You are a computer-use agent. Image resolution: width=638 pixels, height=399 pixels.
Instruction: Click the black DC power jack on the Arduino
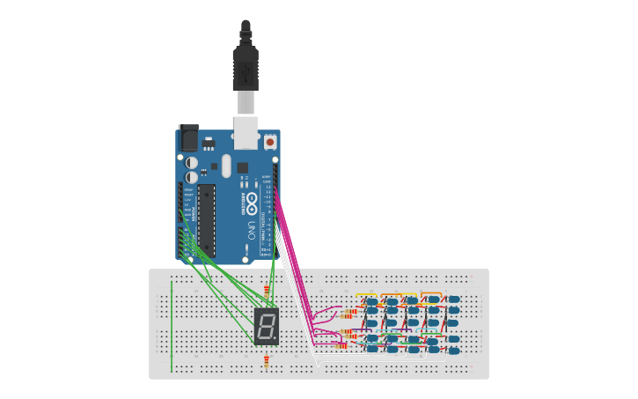pyautogui.click(x=188, y=138)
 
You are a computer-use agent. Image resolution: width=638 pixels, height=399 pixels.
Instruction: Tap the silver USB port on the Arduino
pyautogui.click(x=246, y=131)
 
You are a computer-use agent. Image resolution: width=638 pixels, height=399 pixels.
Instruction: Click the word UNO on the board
pyautogui.click(x=251, y=231)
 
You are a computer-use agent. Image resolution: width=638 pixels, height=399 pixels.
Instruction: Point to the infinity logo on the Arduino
pyautogui.click(x=252, y=202)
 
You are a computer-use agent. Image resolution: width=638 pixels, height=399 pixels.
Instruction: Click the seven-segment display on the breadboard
pyautogui.click(x=266, y=326)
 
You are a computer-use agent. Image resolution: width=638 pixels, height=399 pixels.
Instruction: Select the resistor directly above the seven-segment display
pyautogui.click(x=267, y=290)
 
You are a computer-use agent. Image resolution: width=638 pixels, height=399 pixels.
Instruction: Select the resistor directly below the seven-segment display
pyautogui.click(x=267, y=361)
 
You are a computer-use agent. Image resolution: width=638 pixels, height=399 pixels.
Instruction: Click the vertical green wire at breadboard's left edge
pyautogui.click(x=172, y=326)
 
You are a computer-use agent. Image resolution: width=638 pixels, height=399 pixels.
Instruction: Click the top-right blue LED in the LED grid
pyautogui.click(x=454, y=299)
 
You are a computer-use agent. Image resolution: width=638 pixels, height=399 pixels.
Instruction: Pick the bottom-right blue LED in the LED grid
pyautogui.click(x=454, y=351)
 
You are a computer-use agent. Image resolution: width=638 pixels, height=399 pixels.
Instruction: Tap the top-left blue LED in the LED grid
pyautogui.click(x=372, y=302)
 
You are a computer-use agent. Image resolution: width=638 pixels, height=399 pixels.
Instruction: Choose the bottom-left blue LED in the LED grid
pyautogui.click(x=372, y=349)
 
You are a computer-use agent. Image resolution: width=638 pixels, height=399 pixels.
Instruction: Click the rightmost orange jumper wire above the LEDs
pyautogui.click(x=431, y=293)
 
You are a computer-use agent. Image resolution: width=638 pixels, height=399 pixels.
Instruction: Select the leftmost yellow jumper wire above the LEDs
pyautogui.click(x=366, y=295)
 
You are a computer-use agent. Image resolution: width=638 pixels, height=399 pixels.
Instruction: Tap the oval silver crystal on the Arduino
pyautogui.click(x=226, y=166)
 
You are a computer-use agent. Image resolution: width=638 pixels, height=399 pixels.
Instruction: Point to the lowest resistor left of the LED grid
pyautogui.click(x=348, y=344)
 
